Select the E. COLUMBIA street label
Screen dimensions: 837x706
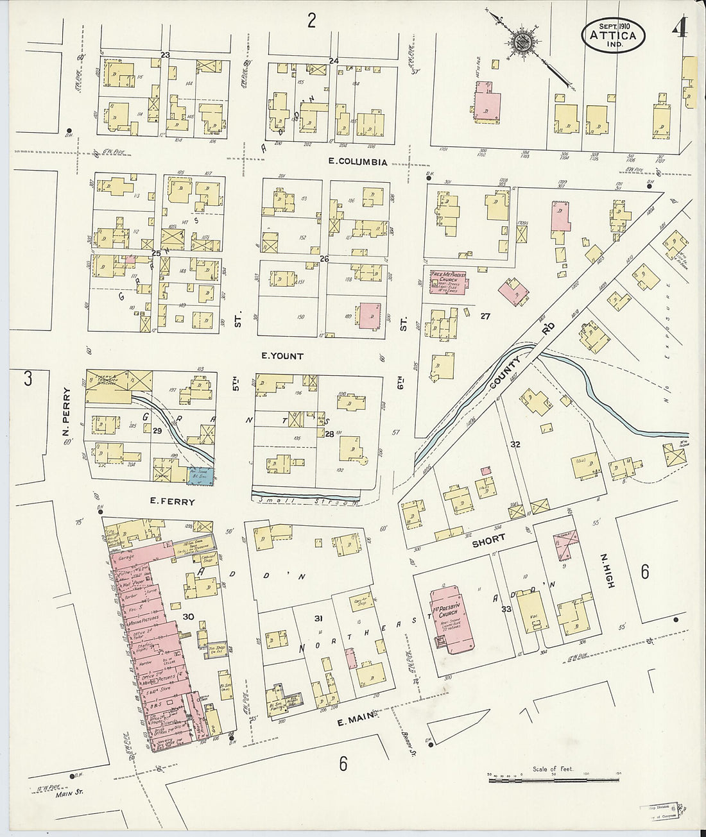357,162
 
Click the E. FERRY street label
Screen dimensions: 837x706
171,502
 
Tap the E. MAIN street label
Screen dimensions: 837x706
357,722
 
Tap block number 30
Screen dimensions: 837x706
187,616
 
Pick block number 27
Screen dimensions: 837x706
485,316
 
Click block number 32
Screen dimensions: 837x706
515,444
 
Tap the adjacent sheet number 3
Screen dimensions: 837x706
28,378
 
